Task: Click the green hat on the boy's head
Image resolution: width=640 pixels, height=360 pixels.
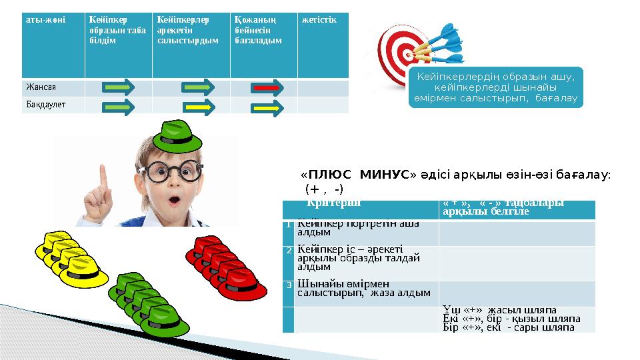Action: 177,137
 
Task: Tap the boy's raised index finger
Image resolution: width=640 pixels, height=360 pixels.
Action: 103,175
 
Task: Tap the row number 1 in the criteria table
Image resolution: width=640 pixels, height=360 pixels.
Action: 288,224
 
